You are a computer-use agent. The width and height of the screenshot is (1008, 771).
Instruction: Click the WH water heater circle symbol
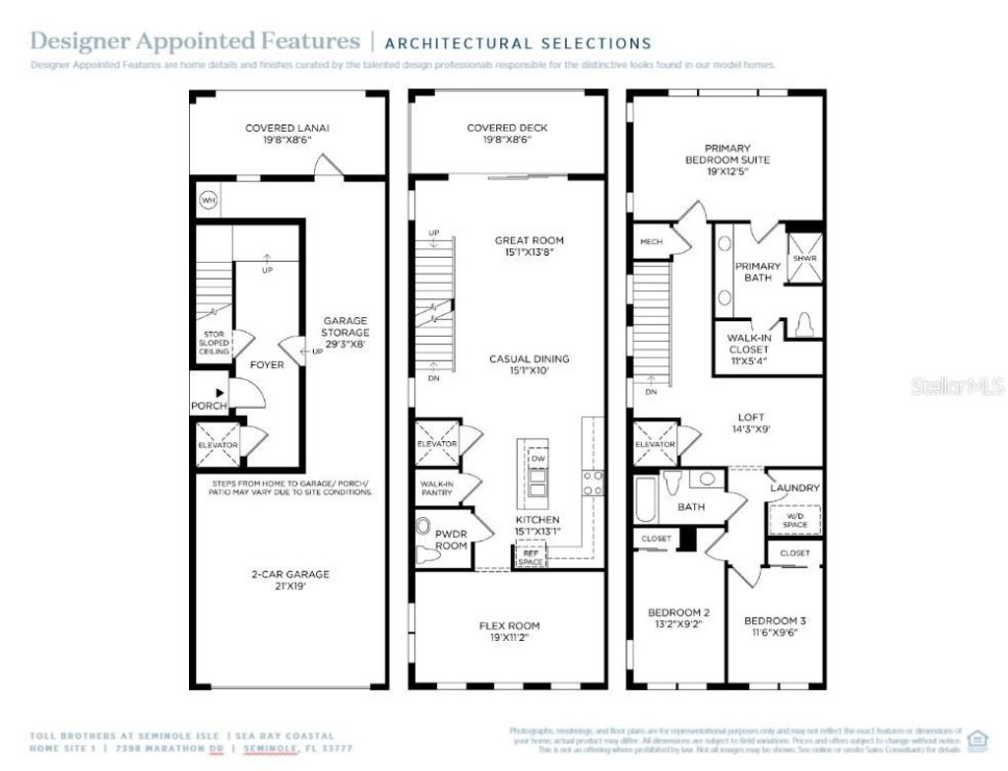tap(208, 200)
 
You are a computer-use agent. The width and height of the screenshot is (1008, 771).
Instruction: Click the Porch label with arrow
tap(209, 400)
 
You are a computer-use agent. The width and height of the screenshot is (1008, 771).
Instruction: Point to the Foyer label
tap(267, 364)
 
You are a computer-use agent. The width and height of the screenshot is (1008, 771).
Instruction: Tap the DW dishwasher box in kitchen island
tap(537, 458)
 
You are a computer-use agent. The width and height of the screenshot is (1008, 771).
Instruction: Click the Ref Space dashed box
tap(531, 556)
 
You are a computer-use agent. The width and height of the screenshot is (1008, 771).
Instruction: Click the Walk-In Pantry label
tap(437, 488)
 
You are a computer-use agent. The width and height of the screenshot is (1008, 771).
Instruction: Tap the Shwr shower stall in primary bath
tap(805, 259)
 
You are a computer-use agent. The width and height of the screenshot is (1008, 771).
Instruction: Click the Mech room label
tap(652, 242)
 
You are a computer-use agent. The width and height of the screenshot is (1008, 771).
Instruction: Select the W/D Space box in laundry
tap(795, 519)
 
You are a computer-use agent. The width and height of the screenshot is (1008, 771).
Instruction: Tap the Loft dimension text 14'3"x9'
tap(751, 429)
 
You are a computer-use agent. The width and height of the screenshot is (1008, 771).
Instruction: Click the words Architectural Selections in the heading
tap(517, 43)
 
